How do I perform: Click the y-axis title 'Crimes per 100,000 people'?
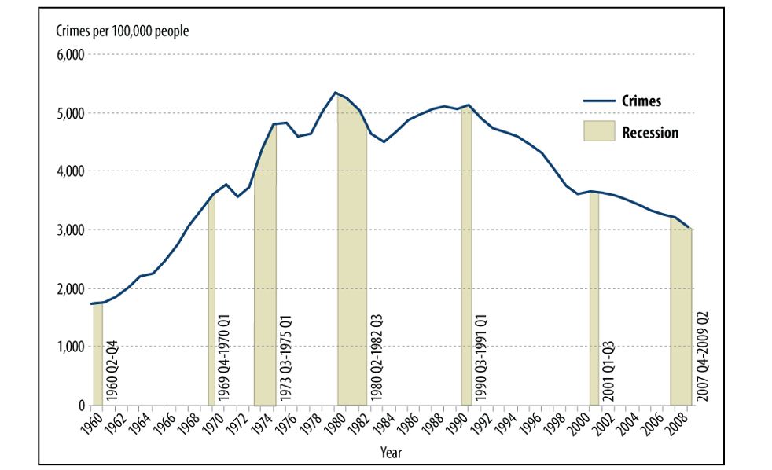[121, 31]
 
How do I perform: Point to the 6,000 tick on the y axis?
[71, 55]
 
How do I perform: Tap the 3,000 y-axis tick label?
[71, 230]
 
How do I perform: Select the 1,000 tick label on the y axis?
[71, 347]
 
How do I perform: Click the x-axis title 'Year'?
[391, 453]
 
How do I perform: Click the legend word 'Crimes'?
[641, 101]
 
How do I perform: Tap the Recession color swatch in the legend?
[598, 131]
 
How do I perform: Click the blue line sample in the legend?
[598, 101]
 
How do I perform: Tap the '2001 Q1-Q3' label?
[608, 369]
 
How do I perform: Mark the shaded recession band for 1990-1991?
[466, 259]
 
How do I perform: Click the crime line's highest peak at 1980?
[336, 93]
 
